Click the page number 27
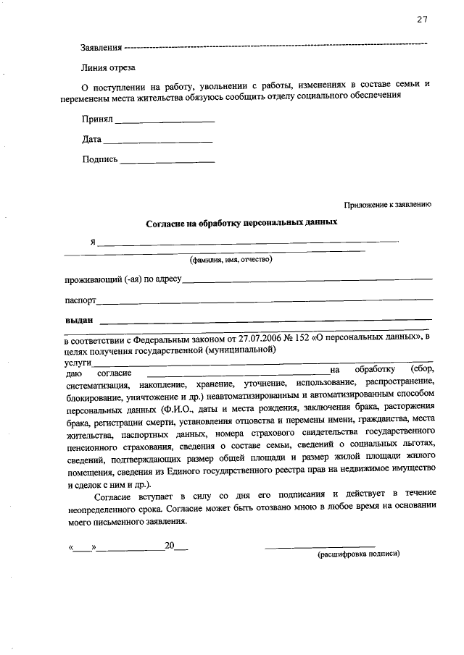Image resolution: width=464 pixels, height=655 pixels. [422, 20]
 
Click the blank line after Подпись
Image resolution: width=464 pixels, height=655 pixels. [167, 161]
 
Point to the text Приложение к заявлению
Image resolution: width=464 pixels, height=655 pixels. [388, 205]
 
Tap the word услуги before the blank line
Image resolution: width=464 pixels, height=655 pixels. [78, 360]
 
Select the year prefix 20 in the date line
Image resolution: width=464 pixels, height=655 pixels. [170, 545]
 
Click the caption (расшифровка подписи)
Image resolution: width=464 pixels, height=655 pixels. [359, 553]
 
